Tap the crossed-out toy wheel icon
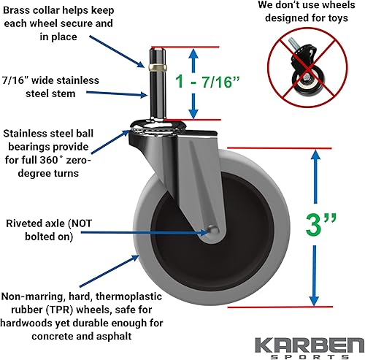(305, 70)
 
